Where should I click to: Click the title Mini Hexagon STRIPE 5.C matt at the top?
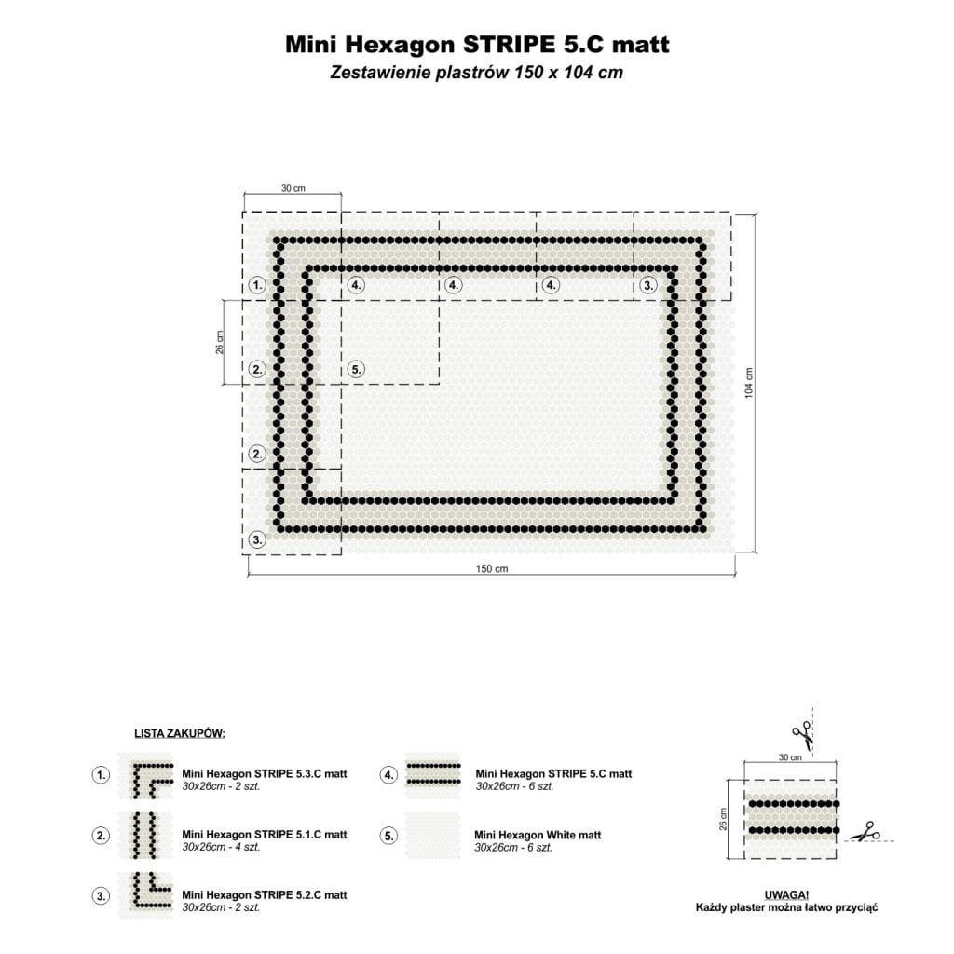(x=477, y=45)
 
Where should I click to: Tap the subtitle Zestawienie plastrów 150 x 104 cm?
(x=476, y=73)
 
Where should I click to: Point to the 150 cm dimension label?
(x=492, y=569)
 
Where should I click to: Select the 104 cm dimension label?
(x=749, y=383)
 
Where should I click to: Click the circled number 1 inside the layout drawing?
(x=257, y=285)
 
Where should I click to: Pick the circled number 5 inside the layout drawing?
(x=356, y=369)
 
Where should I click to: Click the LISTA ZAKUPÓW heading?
(x=180, y=733)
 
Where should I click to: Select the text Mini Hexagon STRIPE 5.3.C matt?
(x=264, y=774)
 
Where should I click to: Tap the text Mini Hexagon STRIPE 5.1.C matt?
(x=264, y=834)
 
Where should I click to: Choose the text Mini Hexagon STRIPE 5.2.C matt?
(x=264, y=895)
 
